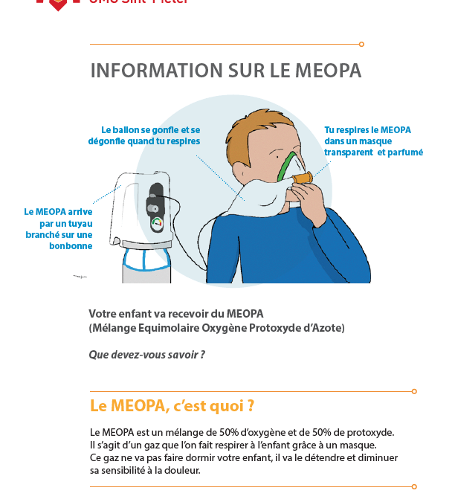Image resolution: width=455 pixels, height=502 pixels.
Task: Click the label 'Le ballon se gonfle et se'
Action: pos(151,129)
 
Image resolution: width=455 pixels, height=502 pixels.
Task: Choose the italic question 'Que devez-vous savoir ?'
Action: pos(146,355)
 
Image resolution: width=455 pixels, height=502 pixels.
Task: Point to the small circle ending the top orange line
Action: pos(361,44)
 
